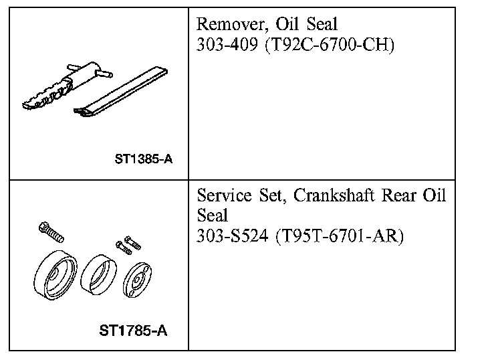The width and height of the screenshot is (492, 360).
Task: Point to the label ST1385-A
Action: click(x=144, y=160)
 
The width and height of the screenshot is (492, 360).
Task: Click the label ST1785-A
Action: click(x=134, y=331)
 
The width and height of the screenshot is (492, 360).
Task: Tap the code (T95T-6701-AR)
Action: click(x=339, y=237)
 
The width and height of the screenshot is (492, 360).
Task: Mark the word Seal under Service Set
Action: click(x=213, y=216)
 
